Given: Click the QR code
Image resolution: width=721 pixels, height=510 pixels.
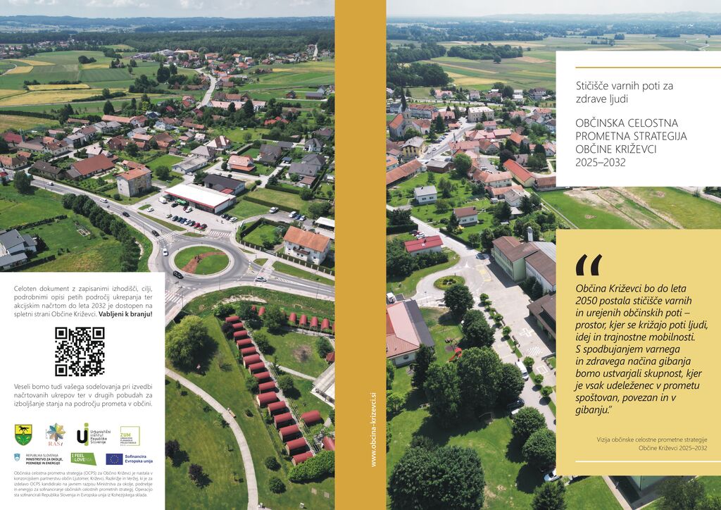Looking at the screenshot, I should coord(80,351).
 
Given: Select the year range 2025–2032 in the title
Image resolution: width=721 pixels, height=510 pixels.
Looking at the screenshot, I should coord(601,161).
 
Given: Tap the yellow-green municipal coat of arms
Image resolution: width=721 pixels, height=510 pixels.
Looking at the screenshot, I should coord(23,435).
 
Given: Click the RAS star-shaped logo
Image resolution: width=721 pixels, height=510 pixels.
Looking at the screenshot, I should coord(54,434).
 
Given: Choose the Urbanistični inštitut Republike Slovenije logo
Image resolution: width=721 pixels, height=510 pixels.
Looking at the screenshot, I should coord(92,434).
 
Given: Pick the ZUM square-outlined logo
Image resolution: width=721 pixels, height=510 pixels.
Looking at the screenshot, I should coord(130,435).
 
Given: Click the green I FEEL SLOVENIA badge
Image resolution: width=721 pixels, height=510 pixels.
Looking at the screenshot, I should coord(83,459).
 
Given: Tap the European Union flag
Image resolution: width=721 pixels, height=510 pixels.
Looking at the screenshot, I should coord(114,459).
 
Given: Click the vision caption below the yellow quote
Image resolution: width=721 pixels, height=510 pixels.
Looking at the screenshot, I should coord(651,443).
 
